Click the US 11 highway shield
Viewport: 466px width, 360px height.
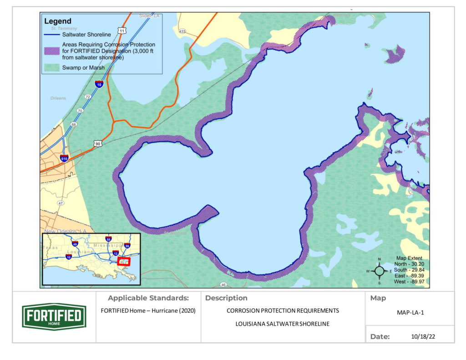[121, 30]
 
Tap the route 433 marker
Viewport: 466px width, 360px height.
[182, 31]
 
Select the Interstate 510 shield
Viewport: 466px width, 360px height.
[64, 158]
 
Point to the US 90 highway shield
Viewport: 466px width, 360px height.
[97, 143]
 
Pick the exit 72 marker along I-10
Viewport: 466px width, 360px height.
[87, 97]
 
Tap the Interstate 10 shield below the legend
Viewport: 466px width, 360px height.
[99, 84]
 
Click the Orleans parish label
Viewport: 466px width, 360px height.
[58, 98]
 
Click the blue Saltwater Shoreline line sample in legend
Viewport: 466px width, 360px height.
[52, 35]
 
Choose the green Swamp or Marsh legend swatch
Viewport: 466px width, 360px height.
[52, 68]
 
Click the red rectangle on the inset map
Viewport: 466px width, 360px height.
[124, 262]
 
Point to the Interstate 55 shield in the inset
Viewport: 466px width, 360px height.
[108, 239]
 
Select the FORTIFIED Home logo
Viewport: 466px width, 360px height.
[54, 316]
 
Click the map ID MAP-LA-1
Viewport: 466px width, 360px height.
[410, 313]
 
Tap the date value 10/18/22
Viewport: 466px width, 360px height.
[420, 337]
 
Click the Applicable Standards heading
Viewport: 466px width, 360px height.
[148, 298]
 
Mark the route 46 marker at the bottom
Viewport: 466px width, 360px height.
[223, 285]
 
